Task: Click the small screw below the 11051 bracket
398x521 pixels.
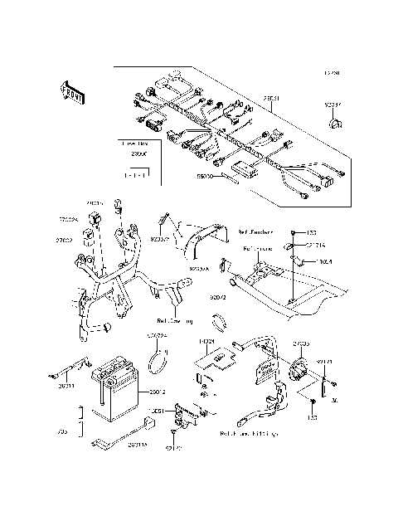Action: (x=175, y=433)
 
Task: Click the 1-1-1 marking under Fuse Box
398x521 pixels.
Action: (x=133, y=176)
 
